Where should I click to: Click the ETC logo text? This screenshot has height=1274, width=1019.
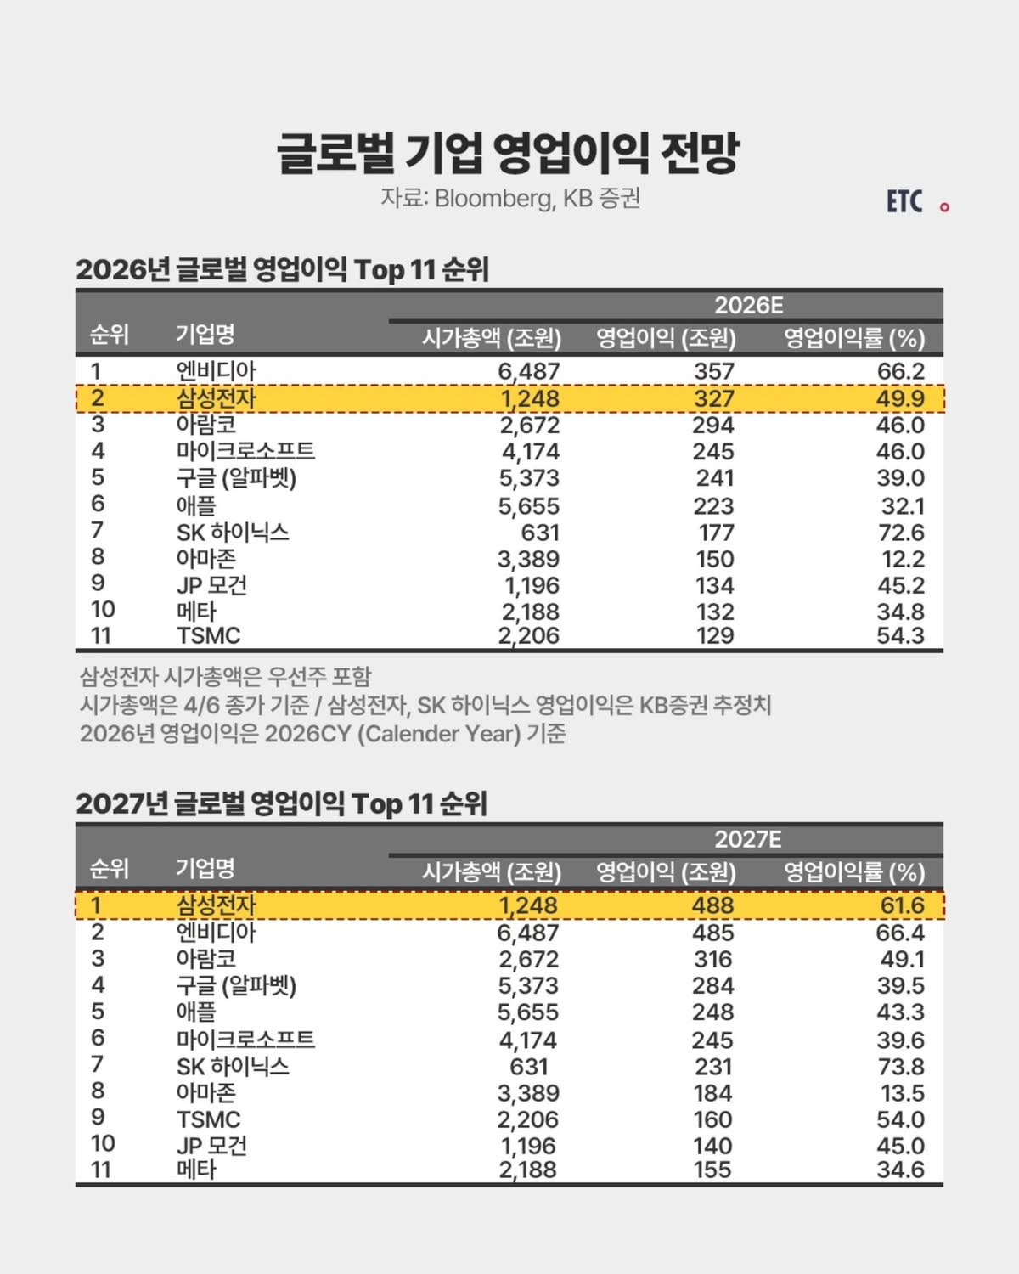point(904,201)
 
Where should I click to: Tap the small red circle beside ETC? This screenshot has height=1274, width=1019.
point(944,206)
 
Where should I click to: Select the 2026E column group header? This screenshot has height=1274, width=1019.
point(748,306)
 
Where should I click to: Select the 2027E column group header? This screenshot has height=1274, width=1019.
point(748,839)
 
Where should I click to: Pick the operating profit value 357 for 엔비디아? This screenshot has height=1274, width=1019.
point(713,371)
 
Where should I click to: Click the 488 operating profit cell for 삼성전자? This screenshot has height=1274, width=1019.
point(712,905)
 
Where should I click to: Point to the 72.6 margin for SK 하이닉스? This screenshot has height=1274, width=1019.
point(900,533)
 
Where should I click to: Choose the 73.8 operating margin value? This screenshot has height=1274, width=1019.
point(900,1067)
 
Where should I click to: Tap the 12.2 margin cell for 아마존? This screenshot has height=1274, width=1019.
point(901,559)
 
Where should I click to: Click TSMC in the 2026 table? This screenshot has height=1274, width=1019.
point(208,636)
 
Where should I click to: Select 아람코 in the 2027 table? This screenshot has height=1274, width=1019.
point(206,959)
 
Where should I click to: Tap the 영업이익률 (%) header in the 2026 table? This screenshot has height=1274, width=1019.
point(853,339)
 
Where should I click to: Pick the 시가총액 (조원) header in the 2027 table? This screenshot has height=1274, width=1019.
point(492,872)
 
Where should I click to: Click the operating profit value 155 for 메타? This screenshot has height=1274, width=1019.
point(712,1170)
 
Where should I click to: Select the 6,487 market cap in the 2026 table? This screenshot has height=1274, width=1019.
point(528,371)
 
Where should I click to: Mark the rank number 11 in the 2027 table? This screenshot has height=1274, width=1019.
point(101,1170)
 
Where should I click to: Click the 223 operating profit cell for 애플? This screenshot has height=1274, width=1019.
point(713,506)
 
